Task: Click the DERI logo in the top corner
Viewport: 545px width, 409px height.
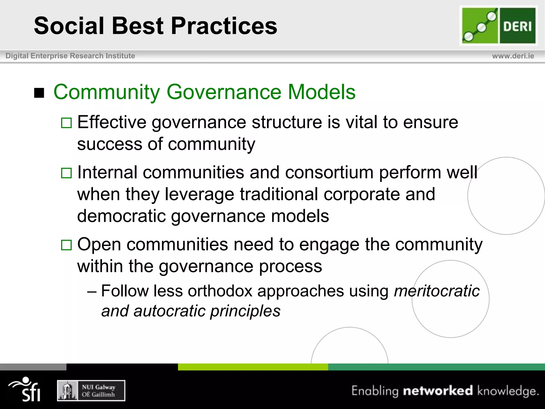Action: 498,26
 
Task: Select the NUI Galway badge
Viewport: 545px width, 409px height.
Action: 91,390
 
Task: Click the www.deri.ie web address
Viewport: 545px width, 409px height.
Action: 513,56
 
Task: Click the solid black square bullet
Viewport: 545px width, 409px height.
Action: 39,93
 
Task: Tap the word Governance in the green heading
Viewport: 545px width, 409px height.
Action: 224,92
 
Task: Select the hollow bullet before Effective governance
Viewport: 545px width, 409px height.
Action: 66,123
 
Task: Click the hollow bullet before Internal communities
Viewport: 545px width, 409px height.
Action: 66,173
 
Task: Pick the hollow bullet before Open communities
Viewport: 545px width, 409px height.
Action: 66,245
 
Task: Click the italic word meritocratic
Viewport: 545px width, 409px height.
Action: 436,291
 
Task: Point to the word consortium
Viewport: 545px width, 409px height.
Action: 329,172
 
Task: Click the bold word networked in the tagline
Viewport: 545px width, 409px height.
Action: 438,391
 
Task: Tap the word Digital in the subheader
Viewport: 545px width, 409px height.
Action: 17,56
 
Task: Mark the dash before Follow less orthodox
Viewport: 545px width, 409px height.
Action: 92,291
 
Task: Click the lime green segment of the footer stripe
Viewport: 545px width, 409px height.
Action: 253,367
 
